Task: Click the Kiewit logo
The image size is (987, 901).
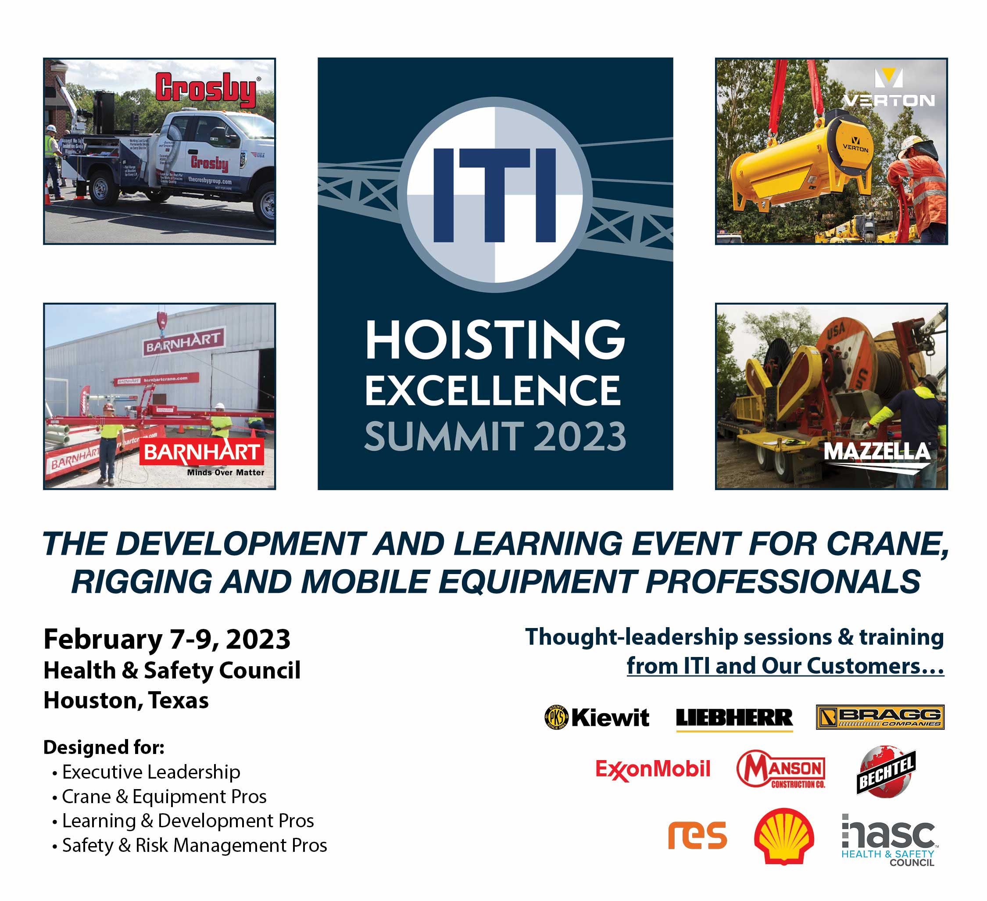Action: click(597, 718)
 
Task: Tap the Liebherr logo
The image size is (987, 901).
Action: click(734, 718)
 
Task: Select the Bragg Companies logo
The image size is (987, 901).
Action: click(880, 717)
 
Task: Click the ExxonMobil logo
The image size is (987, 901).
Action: click(653, 769)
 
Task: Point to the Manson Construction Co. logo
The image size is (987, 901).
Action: click(780, 769)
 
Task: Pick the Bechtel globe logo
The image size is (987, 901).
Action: click(886, 772)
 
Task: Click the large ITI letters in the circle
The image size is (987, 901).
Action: click(494, 195)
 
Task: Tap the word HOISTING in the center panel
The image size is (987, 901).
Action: click(494, 340)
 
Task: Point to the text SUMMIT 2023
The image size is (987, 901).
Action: click(494, 436)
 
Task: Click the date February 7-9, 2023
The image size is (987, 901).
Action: click(167, 639)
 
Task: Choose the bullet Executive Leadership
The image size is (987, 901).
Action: click(151, 772)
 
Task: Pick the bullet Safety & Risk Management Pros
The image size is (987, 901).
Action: click(194, 845)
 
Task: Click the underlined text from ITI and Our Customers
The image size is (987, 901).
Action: click(785, 666)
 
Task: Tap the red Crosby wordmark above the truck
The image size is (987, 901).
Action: click(206, 90)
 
